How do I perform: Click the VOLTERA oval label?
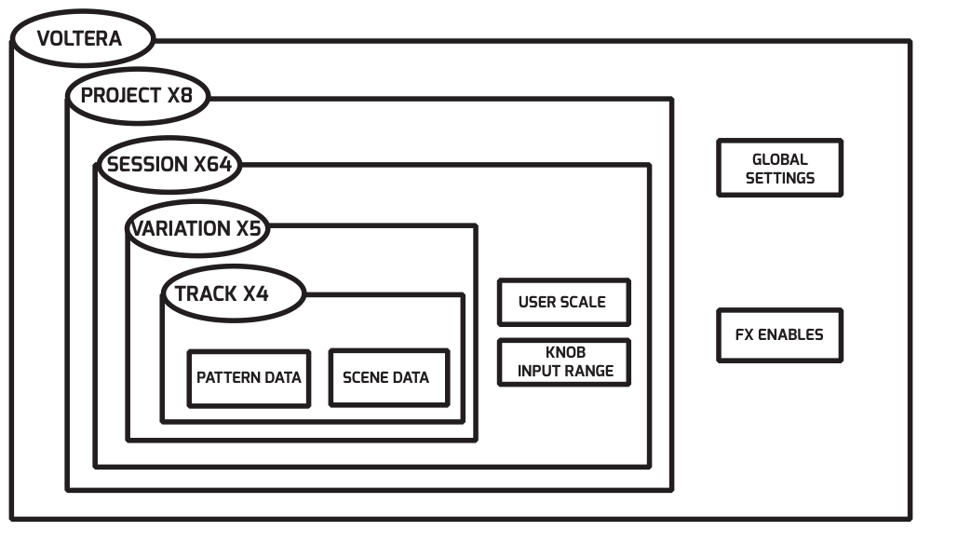81,39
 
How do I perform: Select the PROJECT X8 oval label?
138,96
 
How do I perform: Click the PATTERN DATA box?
249,378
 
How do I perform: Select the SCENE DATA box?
386,378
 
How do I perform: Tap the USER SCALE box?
562,302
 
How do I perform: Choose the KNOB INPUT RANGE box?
564,362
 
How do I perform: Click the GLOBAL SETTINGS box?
779,169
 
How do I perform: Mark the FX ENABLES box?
779,335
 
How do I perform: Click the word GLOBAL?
779,159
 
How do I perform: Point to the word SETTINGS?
779,178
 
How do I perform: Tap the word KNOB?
564,353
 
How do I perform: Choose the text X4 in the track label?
256,293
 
